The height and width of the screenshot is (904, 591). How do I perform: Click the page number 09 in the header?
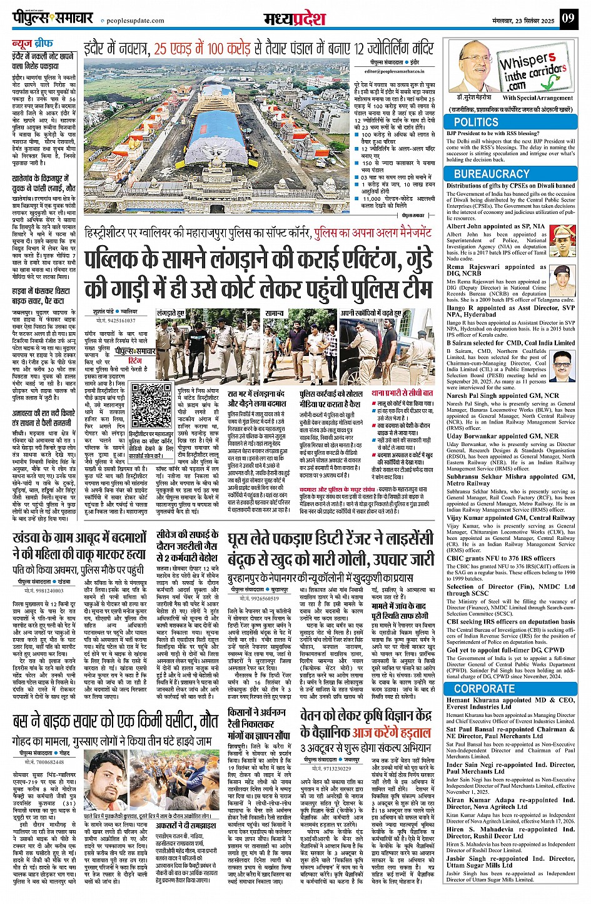pos(567,18)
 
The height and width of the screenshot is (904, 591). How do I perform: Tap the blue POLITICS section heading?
pos(476,122)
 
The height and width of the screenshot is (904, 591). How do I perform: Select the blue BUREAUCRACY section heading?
pos(492,174)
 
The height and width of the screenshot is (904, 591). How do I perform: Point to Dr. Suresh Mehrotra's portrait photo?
pos(473,66)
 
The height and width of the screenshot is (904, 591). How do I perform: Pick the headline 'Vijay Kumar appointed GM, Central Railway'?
pos(510,517)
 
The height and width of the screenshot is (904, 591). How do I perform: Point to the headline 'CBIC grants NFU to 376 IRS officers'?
pos(500,558)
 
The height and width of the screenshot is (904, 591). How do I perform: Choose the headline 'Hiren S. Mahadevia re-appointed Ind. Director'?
pos(510,833)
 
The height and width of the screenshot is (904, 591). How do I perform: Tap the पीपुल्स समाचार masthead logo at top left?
pos(53,18)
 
